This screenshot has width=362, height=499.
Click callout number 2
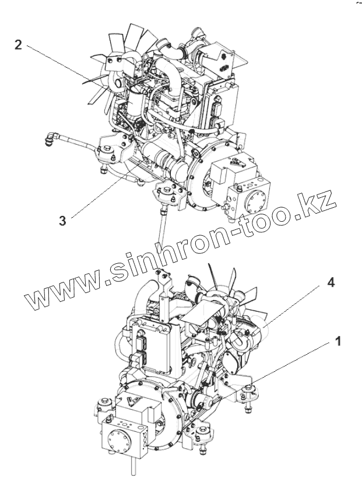19,46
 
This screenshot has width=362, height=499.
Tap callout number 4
330,282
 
